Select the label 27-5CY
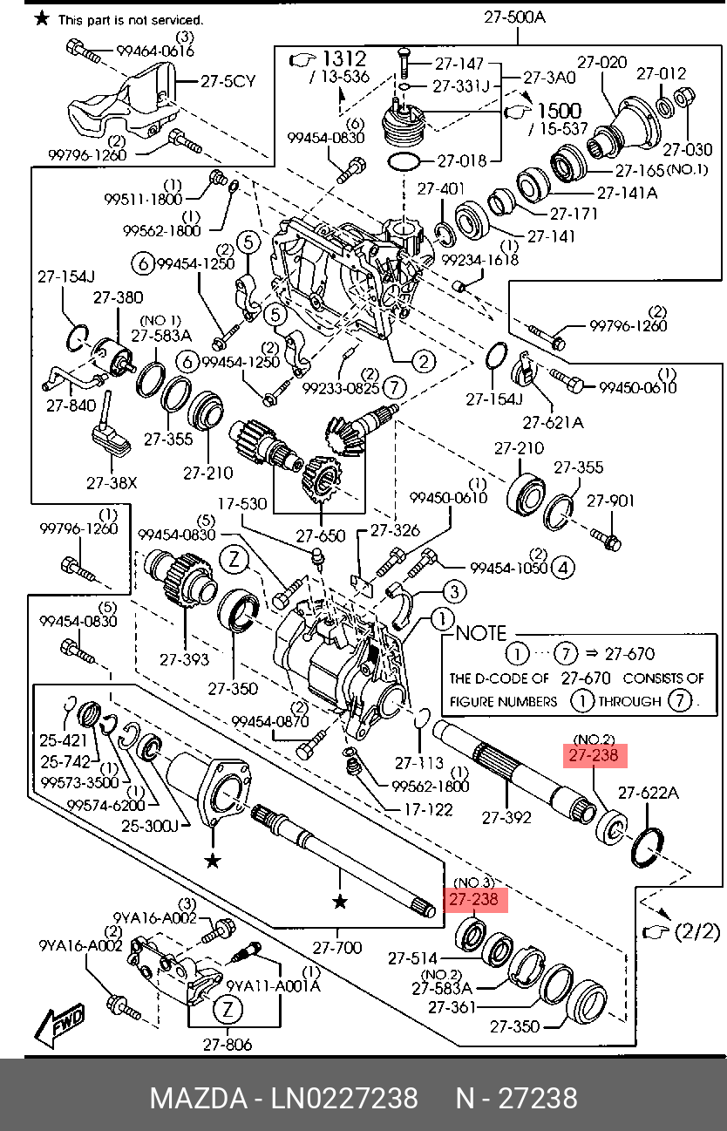click(x=228, y=82)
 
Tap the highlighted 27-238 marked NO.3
click(x=476, y=899)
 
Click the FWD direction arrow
click(x=60, y=1027)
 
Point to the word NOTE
click(x=480, y=633)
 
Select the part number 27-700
click(x=337, y=947)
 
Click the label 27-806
click(x=228, y=1045)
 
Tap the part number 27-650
click(x=321, y=535)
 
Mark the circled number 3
click(x=454, y=592)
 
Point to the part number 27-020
click(x=602, y=62)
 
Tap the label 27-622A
click(x=649, y=793)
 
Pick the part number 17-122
click(x=428, y=809)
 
